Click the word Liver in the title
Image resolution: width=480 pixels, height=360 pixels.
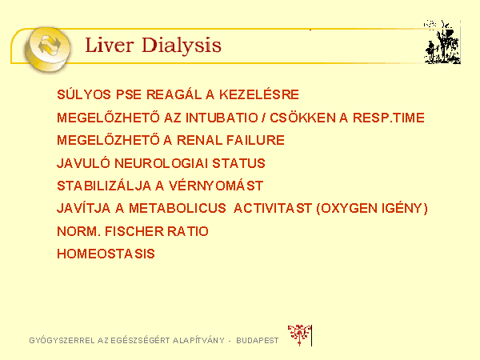pos(110,45)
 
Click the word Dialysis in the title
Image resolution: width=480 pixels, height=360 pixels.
pos(182,46)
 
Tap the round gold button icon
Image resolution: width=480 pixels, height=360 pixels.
pos(47,49)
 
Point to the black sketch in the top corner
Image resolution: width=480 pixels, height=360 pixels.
pos(442,42)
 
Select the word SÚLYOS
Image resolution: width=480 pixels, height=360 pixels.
pos(84,94)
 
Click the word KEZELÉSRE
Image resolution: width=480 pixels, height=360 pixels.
pos(259,94)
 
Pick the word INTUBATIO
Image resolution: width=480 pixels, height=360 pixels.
pos(222,118)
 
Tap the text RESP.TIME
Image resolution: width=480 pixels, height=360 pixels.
pos(389,118)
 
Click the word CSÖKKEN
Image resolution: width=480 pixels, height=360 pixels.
pos(302,118)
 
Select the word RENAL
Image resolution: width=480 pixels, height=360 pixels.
pos(199,140)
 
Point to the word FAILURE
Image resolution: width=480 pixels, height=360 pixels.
pos(256,140)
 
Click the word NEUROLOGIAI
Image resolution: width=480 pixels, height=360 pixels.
pos(162,163)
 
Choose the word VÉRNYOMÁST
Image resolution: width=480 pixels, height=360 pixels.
pos(216,186)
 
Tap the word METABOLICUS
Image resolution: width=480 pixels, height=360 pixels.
pos(178,208)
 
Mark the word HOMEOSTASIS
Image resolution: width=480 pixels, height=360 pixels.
pos(106,254)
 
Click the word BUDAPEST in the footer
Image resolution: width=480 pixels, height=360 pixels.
pos(258,341)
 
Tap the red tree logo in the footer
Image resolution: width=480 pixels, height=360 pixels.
pos(299,335)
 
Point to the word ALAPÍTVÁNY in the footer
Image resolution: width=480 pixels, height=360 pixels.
pos(198,340)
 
